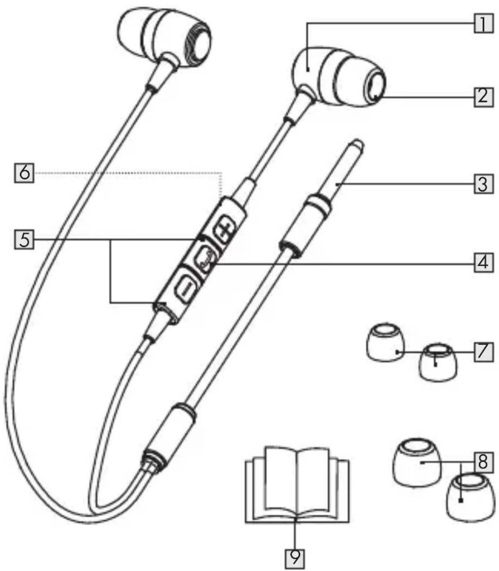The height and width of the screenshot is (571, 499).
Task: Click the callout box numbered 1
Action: [x=484, y=24]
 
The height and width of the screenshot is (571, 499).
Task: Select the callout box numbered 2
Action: [x=484, y=97]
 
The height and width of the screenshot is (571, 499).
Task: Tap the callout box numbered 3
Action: [x=484, y=184]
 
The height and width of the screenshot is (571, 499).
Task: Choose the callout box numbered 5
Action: [x=24, y=239]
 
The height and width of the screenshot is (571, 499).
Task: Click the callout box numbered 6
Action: [x=24, y=173]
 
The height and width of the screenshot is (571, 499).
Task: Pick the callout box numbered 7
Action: [x=484, y=353]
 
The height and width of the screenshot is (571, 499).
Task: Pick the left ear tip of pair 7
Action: [x=386, y=343]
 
